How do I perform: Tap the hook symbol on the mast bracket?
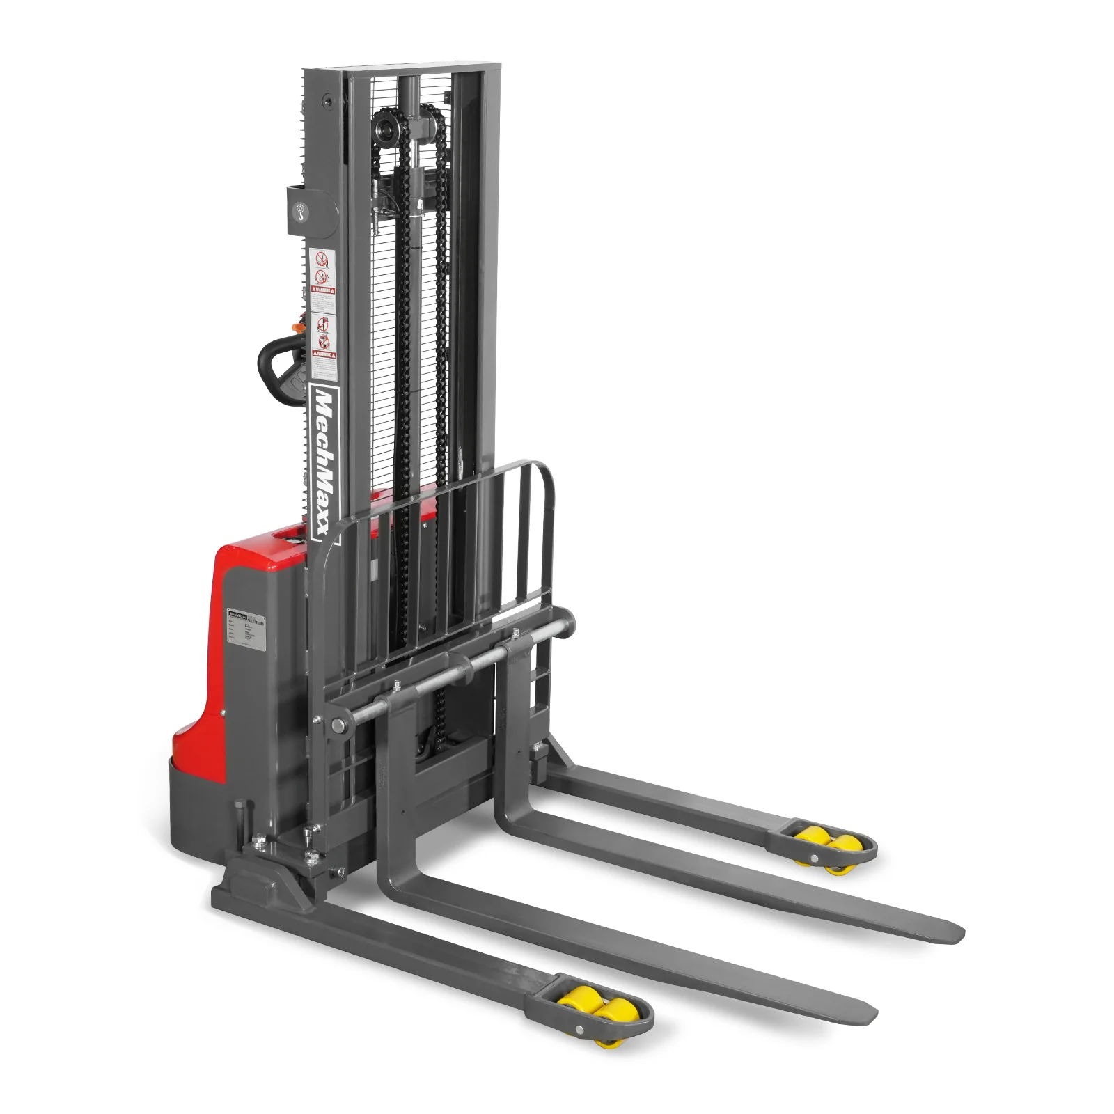click(300, 209)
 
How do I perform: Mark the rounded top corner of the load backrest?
click(540, 466)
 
